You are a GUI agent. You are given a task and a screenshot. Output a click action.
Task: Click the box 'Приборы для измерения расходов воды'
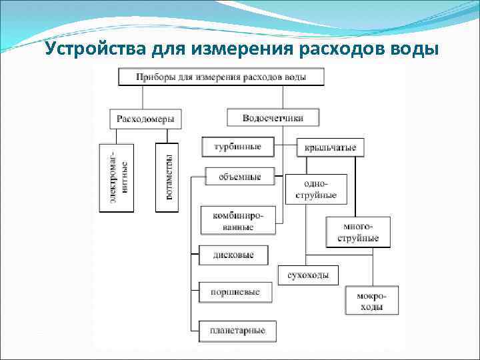click(x=221, y=77)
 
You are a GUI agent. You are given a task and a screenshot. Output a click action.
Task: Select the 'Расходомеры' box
click(x=145, y=119)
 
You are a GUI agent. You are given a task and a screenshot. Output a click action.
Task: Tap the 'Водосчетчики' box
click(x=273, y=118)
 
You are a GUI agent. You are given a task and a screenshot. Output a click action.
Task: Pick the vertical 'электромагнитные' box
click(x=117, y=178)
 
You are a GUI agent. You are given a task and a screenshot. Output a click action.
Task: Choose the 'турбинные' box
click(x=237, y=147)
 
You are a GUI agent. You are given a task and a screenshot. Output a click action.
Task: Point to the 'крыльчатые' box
click(x=330, y=147)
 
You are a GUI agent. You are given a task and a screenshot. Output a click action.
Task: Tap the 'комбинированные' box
click(x=237, y=220)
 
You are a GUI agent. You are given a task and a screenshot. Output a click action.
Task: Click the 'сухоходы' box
click(x=307, y=275)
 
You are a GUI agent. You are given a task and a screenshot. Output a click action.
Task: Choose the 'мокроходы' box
click(x=372, y=301)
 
